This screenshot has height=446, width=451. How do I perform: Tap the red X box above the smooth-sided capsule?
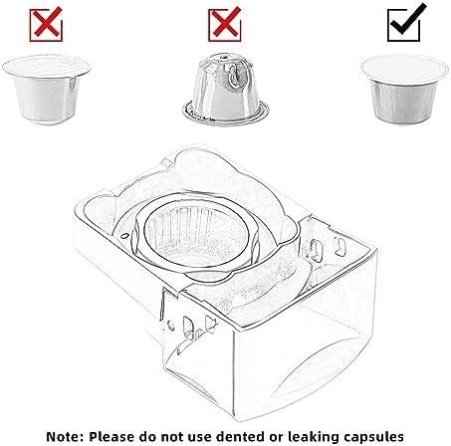click(46, 25)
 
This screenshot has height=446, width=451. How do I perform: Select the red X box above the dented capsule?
click(225, 25)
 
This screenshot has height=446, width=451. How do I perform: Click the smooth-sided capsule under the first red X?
click(46, 89)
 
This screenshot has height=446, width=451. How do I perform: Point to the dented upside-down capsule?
click(226, 90)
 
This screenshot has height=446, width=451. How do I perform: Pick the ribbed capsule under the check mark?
click(404, 89)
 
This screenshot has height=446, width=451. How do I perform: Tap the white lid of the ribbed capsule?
click(404, 69)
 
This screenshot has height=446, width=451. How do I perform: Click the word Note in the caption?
click(65, 436)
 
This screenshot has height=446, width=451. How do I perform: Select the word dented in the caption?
click(238, 436)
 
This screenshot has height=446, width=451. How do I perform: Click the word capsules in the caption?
click(371, 437)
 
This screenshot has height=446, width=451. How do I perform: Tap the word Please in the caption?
click(112, 436)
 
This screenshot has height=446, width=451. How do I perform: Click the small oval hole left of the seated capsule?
click(124, 236)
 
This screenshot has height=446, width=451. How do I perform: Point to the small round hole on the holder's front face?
click(170, 326)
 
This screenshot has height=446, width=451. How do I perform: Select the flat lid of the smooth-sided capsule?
click(46, 67)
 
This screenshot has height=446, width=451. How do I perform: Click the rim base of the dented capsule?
click(226, 113)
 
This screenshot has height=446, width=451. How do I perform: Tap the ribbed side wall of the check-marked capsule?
click(404, 103)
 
